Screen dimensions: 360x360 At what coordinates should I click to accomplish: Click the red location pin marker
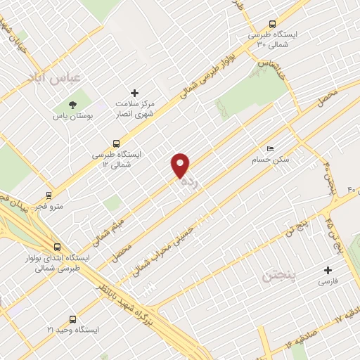[181, 165]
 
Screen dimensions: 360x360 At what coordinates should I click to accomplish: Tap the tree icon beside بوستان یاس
[74, 105]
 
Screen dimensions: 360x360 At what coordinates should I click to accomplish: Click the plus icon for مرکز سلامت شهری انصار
[135, 92]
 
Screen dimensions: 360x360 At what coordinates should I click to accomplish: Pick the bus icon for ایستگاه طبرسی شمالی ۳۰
[272, 22]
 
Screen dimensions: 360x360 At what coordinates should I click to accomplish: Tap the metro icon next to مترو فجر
[49, 195]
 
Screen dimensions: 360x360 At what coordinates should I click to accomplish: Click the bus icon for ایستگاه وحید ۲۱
[72, 318]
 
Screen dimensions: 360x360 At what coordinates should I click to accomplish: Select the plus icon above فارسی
[328, 270]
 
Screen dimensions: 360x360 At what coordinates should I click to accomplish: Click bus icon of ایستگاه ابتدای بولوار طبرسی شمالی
[56, 247]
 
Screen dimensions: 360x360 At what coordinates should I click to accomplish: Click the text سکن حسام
[261, 160]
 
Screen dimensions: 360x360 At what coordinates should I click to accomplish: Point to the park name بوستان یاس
[70, 117]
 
